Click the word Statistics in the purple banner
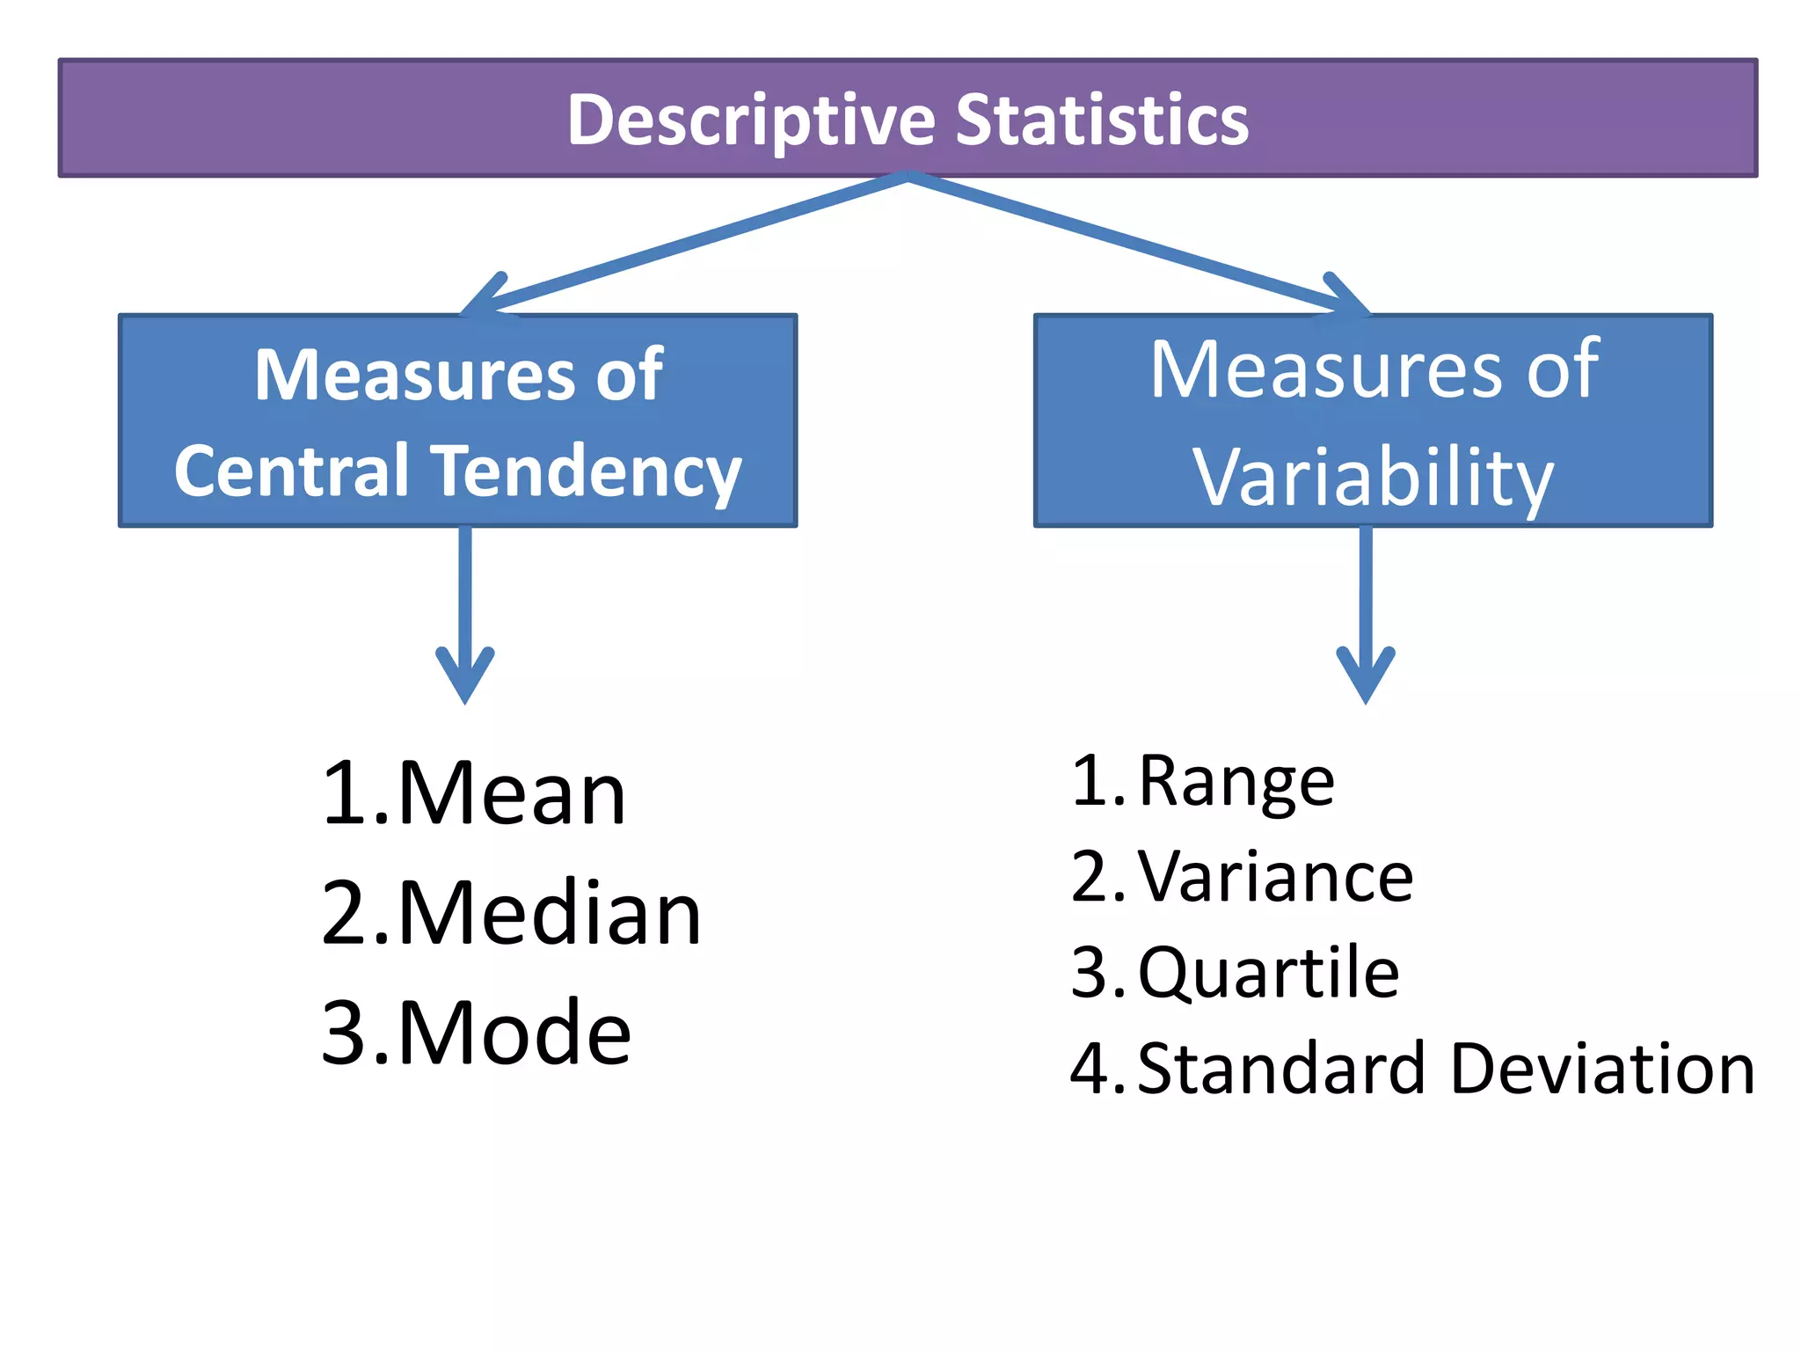click(1101, 120)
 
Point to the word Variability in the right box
click(1373, 477)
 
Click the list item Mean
click(512, 793)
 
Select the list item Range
click(1236, 781)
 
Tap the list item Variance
click(1275, 877)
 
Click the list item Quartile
click(1268, 973)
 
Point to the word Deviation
click(1602, 1069)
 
